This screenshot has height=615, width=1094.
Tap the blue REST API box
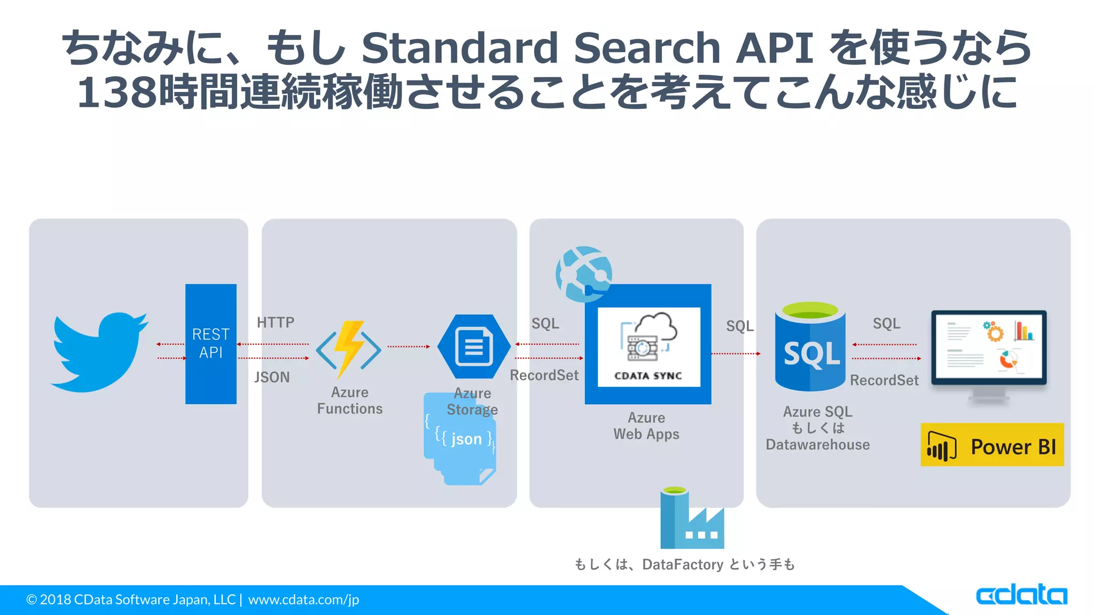(210, 344)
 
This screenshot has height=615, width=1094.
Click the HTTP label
(275, 322)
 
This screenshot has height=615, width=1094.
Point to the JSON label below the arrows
(272, 377)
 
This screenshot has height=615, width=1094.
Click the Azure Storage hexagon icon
(473, 347)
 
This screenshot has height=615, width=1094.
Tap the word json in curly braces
(466, 439)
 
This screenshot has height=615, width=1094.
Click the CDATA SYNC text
(648, 376)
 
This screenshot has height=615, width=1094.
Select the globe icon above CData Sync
(583, 273)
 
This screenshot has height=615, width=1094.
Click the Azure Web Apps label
(646, 426)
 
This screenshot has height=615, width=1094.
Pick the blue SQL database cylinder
(810, 347)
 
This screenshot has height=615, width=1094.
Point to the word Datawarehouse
(817, 445)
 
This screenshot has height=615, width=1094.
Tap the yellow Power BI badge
(992, 445)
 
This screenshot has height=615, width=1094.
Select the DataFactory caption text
(684, 564)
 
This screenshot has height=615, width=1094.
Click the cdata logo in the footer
(1021, 595)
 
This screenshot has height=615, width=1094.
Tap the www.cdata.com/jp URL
(303, 600)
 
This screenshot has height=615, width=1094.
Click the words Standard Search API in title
(587, 48)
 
